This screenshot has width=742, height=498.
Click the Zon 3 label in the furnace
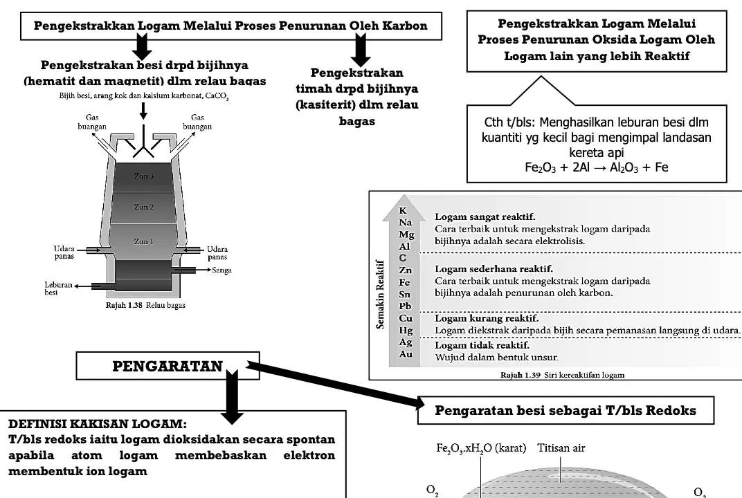click(144, 176)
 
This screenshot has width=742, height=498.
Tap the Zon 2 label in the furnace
click(144, 207)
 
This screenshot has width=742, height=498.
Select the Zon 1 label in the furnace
click(144, 241)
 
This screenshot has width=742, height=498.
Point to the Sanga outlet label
click(221, 270)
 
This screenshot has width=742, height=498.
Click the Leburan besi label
click(58, 288)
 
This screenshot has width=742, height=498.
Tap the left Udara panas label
click(64, 252)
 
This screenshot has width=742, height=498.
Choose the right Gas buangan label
click(197, 122)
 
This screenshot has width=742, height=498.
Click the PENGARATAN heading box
click(168, 366)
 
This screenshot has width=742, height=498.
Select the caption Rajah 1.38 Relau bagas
click(145, 305)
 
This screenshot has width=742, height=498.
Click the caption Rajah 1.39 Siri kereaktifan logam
click(563, 375)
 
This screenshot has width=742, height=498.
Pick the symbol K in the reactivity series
click(403, 210)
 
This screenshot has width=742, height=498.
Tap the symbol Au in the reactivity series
click(406, 353)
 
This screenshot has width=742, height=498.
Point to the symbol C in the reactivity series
click(403, 258)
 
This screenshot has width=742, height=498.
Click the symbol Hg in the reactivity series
click(406, 330)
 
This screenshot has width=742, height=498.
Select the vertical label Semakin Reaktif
click(379, 294)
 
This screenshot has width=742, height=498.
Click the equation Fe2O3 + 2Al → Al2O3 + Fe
click(596, 167)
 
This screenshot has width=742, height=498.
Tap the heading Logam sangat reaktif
click(485, 217)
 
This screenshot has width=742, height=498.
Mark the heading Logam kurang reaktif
click(487, 317)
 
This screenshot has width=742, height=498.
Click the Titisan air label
click(561, 448)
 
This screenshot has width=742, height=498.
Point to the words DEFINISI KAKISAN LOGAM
click(98, 423)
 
